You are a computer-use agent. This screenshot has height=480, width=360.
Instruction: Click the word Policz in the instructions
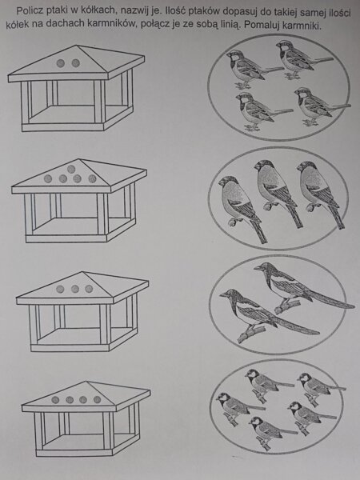tap(28, 11)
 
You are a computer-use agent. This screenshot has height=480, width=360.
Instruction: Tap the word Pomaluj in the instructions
tap(262, 25)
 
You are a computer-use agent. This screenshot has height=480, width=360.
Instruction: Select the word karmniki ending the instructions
tap(301, 26)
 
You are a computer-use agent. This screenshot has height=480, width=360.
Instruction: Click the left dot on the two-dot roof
tap(61, 63)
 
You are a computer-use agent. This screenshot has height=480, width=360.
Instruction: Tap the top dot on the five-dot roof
tap(71, 169)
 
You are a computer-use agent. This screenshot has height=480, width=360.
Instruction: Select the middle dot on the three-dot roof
tap(75, 289)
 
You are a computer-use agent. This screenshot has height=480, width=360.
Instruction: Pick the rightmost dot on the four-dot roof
tap(98, 399)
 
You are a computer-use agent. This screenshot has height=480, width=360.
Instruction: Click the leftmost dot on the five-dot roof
tap(48, 178)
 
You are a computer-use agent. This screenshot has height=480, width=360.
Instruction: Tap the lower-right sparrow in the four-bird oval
tap(318, 106)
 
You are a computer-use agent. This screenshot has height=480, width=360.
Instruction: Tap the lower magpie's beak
tap(223, 295)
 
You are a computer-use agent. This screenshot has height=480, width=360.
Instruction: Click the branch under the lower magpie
tap(252, 334)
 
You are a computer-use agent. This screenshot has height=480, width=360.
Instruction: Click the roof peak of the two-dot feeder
tap(77, 46)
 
